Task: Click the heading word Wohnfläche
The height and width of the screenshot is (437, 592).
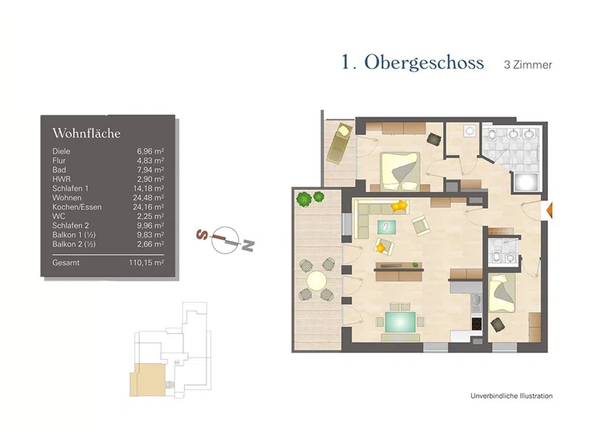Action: coord(86,133)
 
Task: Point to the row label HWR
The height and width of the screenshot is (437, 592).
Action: coord(61,179)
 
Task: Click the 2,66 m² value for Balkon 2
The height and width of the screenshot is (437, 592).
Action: coord(150,244)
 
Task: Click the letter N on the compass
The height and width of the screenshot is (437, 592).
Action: coord(247,245)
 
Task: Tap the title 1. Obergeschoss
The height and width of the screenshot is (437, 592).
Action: coord(412,62)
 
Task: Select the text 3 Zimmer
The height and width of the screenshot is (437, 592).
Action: coord(528,65)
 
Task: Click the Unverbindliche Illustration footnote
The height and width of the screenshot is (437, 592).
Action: coord(511,396)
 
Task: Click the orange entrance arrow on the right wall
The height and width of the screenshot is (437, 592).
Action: coord(549,209)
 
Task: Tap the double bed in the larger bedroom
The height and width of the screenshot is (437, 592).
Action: coord(400,170)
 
